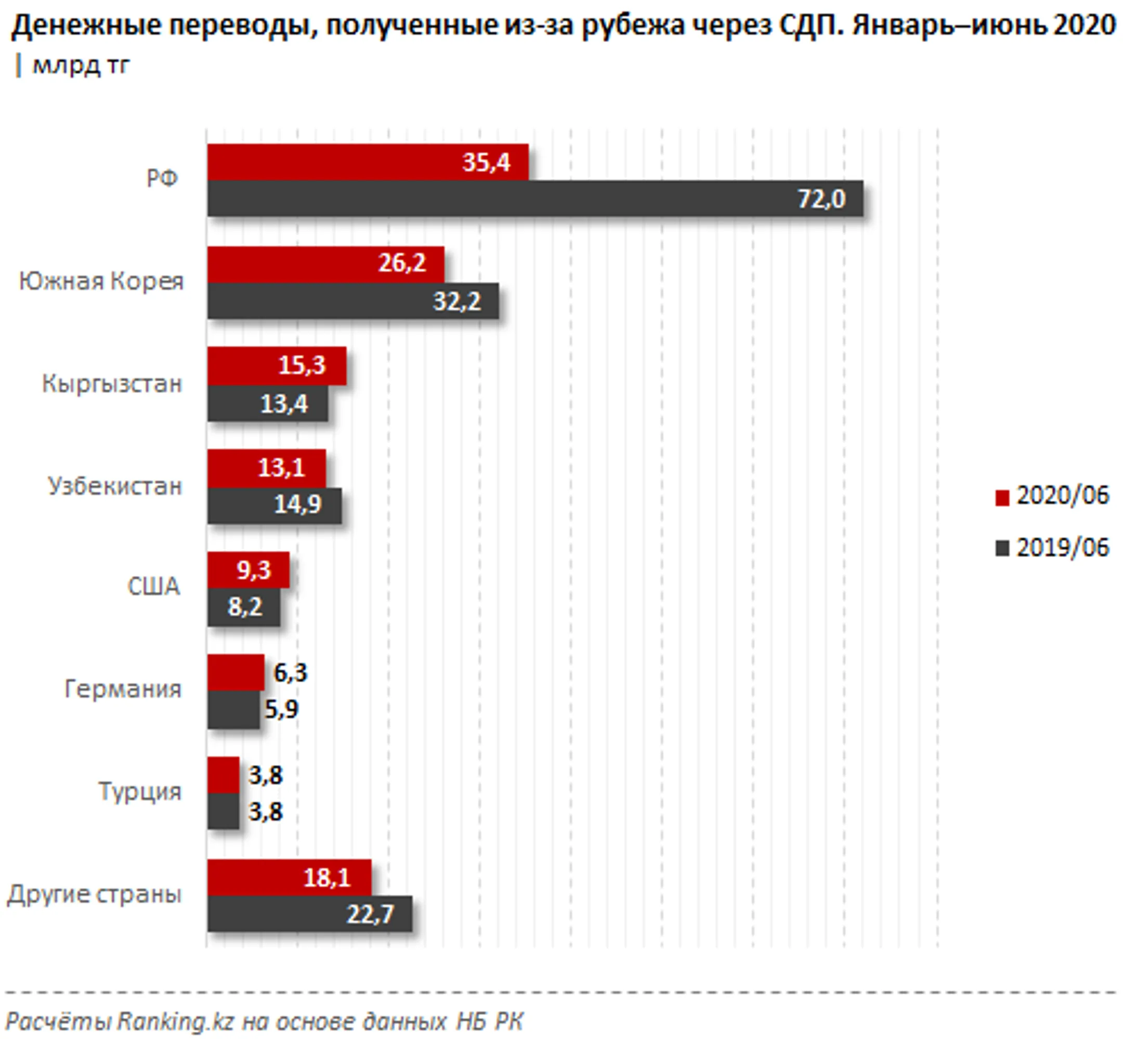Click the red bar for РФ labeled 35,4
(368, 162)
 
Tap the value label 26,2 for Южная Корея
(401, 263)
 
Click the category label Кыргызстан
(112, 384)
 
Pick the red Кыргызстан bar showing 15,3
(277, 366)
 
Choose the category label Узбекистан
(115, 486)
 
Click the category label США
(153, 587)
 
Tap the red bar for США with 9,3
(248, 570)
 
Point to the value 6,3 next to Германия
(290, 672)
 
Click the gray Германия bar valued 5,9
(233, 709)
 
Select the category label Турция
(140, 791)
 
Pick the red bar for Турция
(223, 775)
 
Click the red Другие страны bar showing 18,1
(289, 878)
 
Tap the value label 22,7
(370, 914)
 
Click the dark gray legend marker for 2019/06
(1002, 548)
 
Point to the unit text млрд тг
(81, 66)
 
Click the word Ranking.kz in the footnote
(175, 1021)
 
